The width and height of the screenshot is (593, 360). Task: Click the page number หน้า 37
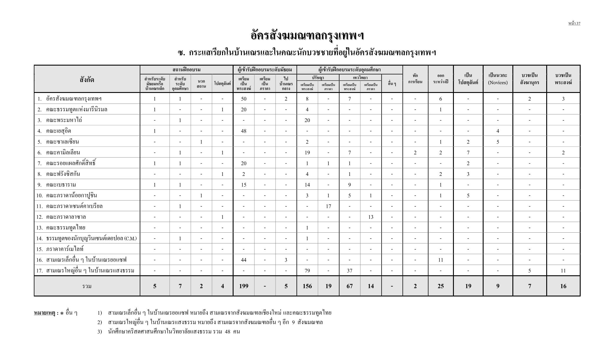[x=574, y=24]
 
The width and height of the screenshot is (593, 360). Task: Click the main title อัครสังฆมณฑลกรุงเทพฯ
[x=307, y=36]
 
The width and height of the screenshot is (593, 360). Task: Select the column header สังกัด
[x=87, y=79]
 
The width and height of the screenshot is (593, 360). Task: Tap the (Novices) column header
[x=498, y=83]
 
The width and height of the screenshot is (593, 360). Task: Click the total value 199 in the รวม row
[x=244, y=286]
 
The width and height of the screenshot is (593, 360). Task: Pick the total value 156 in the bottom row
[x=307, y=286]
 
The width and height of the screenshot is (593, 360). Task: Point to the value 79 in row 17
[x=307, y=271]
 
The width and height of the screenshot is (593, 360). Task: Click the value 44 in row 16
[x=244, y=260]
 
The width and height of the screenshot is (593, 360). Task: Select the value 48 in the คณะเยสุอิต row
[x=244, y=131]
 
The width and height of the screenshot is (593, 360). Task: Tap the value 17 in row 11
[x=328, y=206]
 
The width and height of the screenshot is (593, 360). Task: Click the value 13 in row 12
[x=371, y=217]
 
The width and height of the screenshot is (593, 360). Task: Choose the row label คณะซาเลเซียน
[x=62, y=142]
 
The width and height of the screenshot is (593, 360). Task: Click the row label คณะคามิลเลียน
[x=63, y=152]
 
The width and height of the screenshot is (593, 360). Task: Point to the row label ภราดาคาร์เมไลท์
[x=65, y=249]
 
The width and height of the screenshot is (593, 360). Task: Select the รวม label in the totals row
[x=87, y=286]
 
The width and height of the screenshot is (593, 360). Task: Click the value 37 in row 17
[x=349, y=271]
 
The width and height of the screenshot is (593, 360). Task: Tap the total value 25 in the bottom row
[x=440, y=286]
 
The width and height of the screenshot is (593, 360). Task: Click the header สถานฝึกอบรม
[x=186, y=70]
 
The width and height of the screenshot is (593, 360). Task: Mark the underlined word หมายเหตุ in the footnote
[x=44, y=313]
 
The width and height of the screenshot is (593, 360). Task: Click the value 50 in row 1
[x=244, y=99]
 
